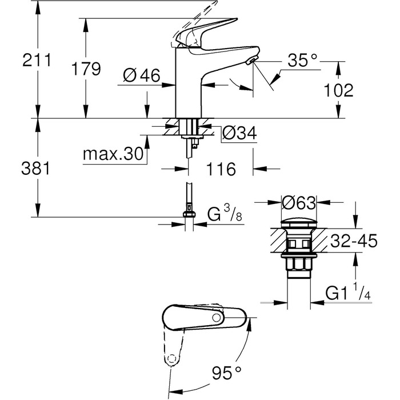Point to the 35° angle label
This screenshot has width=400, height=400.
click(301, 59)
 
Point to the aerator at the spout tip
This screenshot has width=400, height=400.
click(251, 61)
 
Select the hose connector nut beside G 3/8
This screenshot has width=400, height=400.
click(189, 215)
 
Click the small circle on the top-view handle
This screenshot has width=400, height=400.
click(216, 317)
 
